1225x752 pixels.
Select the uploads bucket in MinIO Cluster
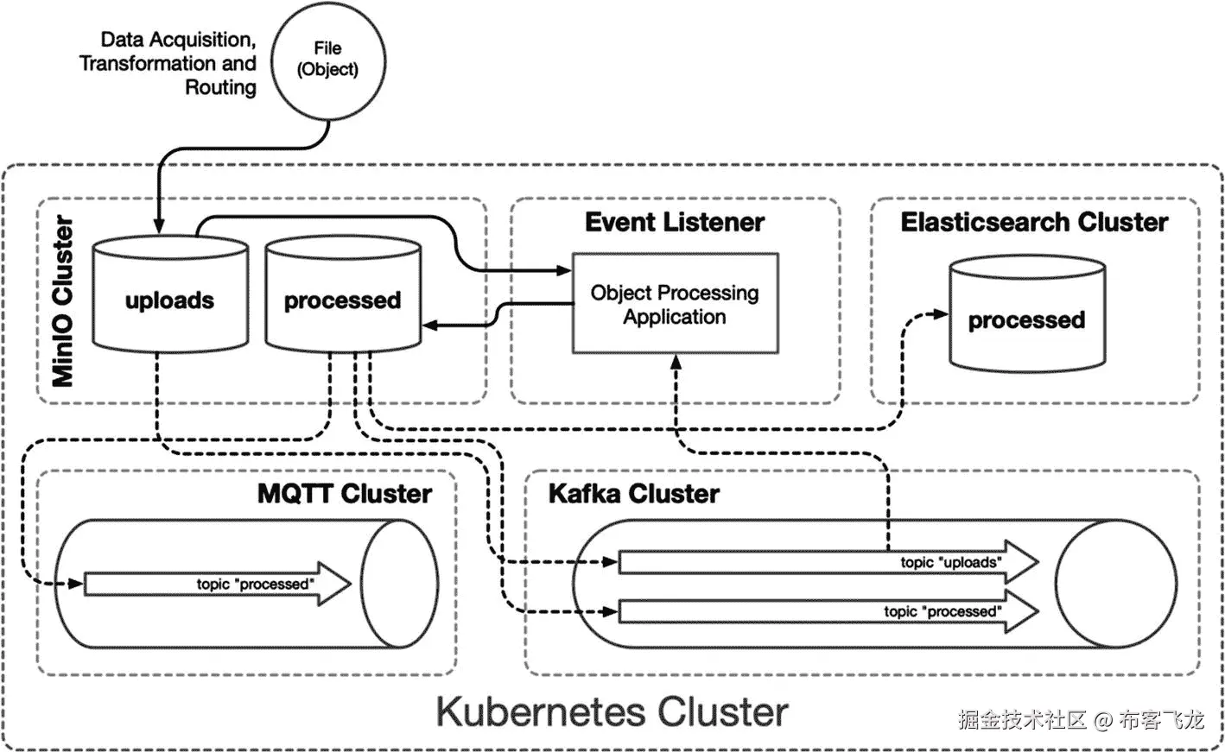tap(170, 294)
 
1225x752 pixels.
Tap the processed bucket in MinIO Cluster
tap(343, 294)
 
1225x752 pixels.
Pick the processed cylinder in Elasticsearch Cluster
tap(1027, 314)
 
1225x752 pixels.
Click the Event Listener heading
tap(675, 223)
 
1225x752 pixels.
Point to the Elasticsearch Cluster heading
tap(1034, 223)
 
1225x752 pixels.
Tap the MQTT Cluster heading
tap(345, 494)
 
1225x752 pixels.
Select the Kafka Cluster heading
tap(634, 494)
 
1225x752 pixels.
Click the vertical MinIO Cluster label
tap(62, 301)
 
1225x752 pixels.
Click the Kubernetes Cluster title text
tap(612, 712)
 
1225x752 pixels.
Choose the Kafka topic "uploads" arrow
tap(828, 562)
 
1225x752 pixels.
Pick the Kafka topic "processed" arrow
tap(828, 611)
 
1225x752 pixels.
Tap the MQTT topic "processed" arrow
tap(217, 585)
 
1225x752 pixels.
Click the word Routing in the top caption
tap(220, 87)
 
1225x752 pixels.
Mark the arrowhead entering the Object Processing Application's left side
tap(564, 270)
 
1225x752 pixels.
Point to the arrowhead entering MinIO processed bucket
tap(430, 325)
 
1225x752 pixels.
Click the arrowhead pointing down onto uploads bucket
tap(159, 226)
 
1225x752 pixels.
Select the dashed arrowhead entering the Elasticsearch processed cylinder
tap(941, 314)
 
